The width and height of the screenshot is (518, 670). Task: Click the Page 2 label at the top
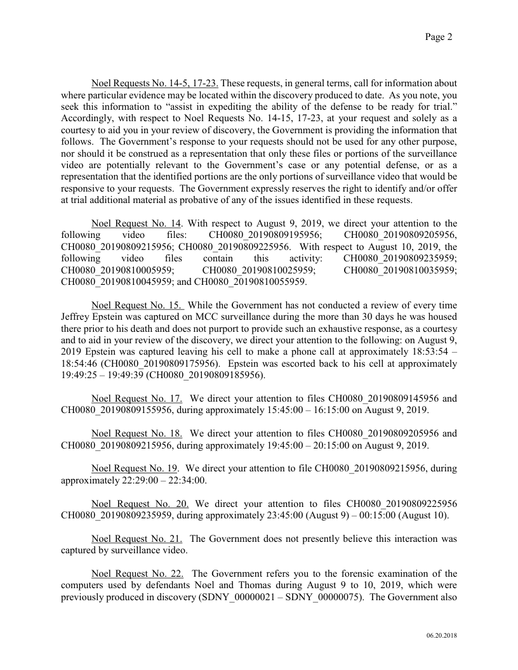point(438,37)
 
